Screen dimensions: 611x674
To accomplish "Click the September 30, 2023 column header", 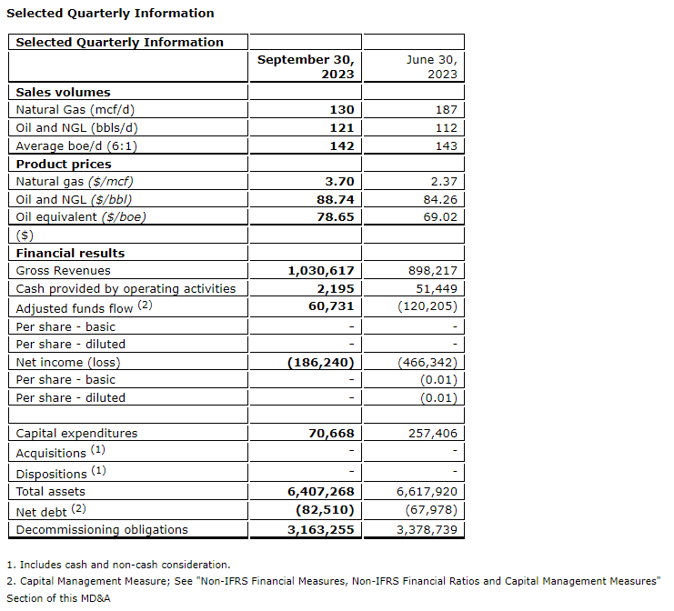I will (305, 66).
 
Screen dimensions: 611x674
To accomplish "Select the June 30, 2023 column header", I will (430, 66).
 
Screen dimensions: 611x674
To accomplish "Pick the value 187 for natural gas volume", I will (446, 109).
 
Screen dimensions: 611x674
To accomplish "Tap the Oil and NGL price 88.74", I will (333, 199).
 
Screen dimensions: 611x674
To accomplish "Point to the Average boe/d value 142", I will (341, 145).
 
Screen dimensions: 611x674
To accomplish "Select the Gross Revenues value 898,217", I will (429, 270).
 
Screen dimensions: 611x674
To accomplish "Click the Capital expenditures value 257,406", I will (429, 434).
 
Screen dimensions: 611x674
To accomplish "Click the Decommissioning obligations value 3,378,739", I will (426, 529).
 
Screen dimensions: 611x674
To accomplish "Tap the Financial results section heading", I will (70, 253).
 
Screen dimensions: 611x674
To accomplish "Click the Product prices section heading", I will (64, 164).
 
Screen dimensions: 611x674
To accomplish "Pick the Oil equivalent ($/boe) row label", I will (81, 216).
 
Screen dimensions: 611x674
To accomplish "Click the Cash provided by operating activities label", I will (126, 288).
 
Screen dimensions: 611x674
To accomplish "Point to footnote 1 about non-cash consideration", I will (118, 565).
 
